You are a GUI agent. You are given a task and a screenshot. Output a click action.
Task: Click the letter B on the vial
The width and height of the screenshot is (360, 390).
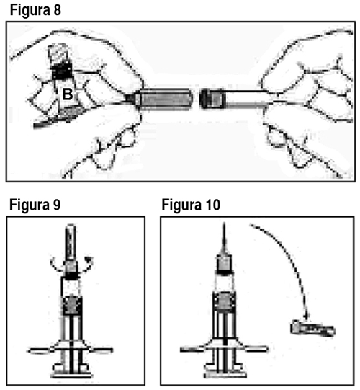point(68,94)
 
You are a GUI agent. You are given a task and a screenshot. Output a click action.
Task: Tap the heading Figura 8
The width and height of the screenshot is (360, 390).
point(35,10)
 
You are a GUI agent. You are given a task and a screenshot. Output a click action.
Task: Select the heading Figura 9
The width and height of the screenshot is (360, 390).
point(35,205)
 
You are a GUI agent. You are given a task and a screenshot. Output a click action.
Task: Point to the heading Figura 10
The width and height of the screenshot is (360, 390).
point(191,205)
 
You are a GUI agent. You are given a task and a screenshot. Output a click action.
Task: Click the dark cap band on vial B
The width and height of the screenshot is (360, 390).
point(62,71)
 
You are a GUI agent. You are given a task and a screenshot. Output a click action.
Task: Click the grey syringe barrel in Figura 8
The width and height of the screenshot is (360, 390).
point(165,99)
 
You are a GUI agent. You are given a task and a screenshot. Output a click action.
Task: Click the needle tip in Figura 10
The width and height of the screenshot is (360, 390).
point(225,224)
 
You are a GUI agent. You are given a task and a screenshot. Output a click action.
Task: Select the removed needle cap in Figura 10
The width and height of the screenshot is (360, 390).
point(312,329)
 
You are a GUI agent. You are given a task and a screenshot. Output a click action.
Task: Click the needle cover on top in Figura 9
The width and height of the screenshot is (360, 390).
point(71,242)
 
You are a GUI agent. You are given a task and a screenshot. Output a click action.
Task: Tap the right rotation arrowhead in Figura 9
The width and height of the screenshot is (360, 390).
point(89,260)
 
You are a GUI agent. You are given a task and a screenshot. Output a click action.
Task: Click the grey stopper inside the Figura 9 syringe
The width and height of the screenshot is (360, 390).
point(72,306)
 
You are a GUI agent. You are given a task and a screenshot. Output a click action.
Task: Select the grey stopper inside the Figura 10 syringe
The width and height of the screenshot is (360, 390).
point(225,302)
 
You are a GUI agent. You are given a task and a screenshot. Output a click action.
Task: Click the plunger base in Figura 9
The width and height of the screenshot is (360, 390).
point(72,373)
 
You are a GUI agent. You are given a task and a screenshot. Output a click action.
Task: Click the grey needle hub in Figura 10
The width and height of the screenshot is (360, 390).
point(225,264)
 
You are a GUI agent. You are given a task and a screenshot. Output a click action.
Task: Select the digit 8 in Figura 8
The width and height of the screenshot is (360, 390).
point(57,10)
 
